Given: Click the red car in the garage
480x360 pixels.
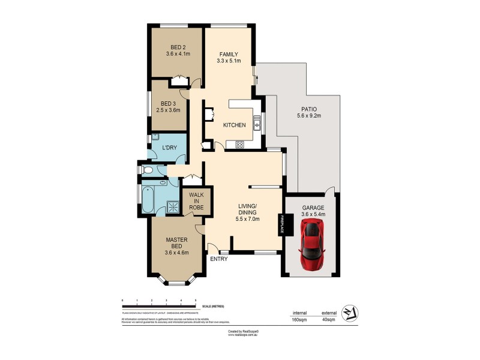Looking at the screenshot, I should tap(313, 244).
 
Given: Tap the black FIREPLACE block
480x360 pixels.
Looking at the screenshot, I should tap(280, 226).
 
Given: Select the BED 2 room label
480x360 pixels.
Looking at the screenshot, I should tap(178, 48).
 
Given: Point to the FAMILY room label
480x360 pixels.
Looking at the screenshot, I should tap(229, 55).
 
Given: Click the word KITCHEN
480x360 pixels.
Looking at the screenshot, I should tap(234, 125).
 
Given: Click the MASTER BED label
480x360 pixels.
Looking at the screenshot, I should tap(177, 243).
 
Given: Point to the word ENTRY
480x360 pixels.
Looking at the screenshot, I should tap(218, 259).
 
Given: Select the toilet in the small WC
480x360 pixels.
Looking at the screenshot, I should tap(148, 170).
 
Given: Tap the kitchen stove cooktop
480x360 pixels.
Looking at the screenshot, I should tap(239, 144).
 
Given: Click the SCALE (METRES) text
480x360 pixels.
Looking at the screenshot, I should tap(213, 307).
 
